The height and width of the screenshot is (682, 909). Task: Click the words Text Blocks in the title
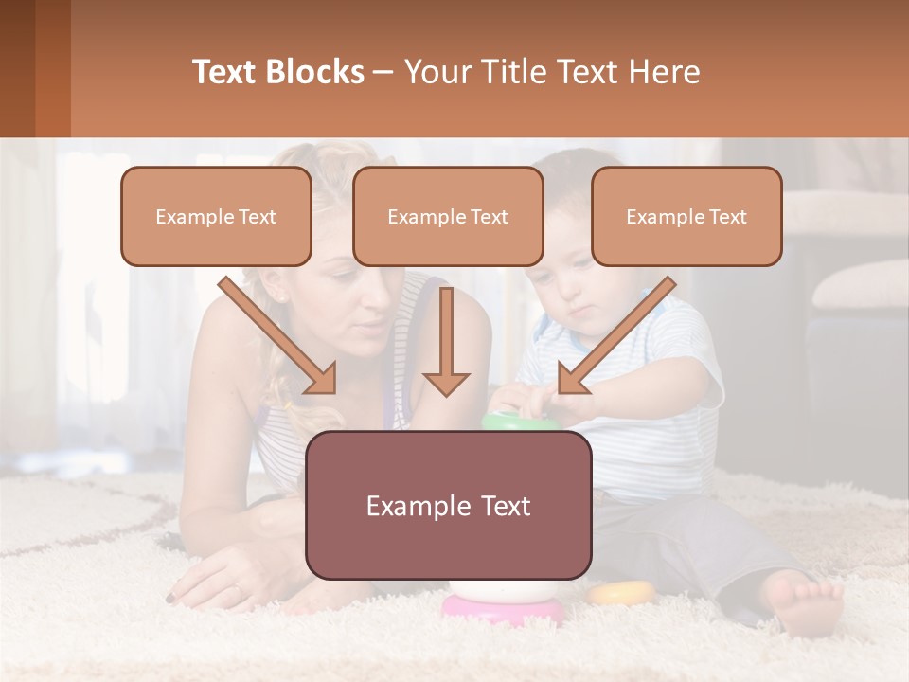pos(277,72)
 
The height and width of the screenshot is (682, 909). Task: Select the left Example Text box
pos(216,217)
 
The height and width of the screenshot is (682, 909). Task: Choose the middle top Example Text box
pos(448,217)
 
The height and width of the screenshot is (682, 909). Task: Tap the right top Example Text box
pos(686,217)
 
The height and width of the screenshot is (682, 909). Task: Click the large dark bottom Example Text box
pos(448,506)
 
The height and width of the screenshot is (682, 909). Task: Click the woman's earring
pos(281,297)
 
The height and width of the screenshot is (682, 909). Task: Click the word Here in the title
pos(668,72)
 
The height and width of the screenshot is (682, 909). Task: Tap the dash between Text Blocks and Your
pos(383,72)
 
